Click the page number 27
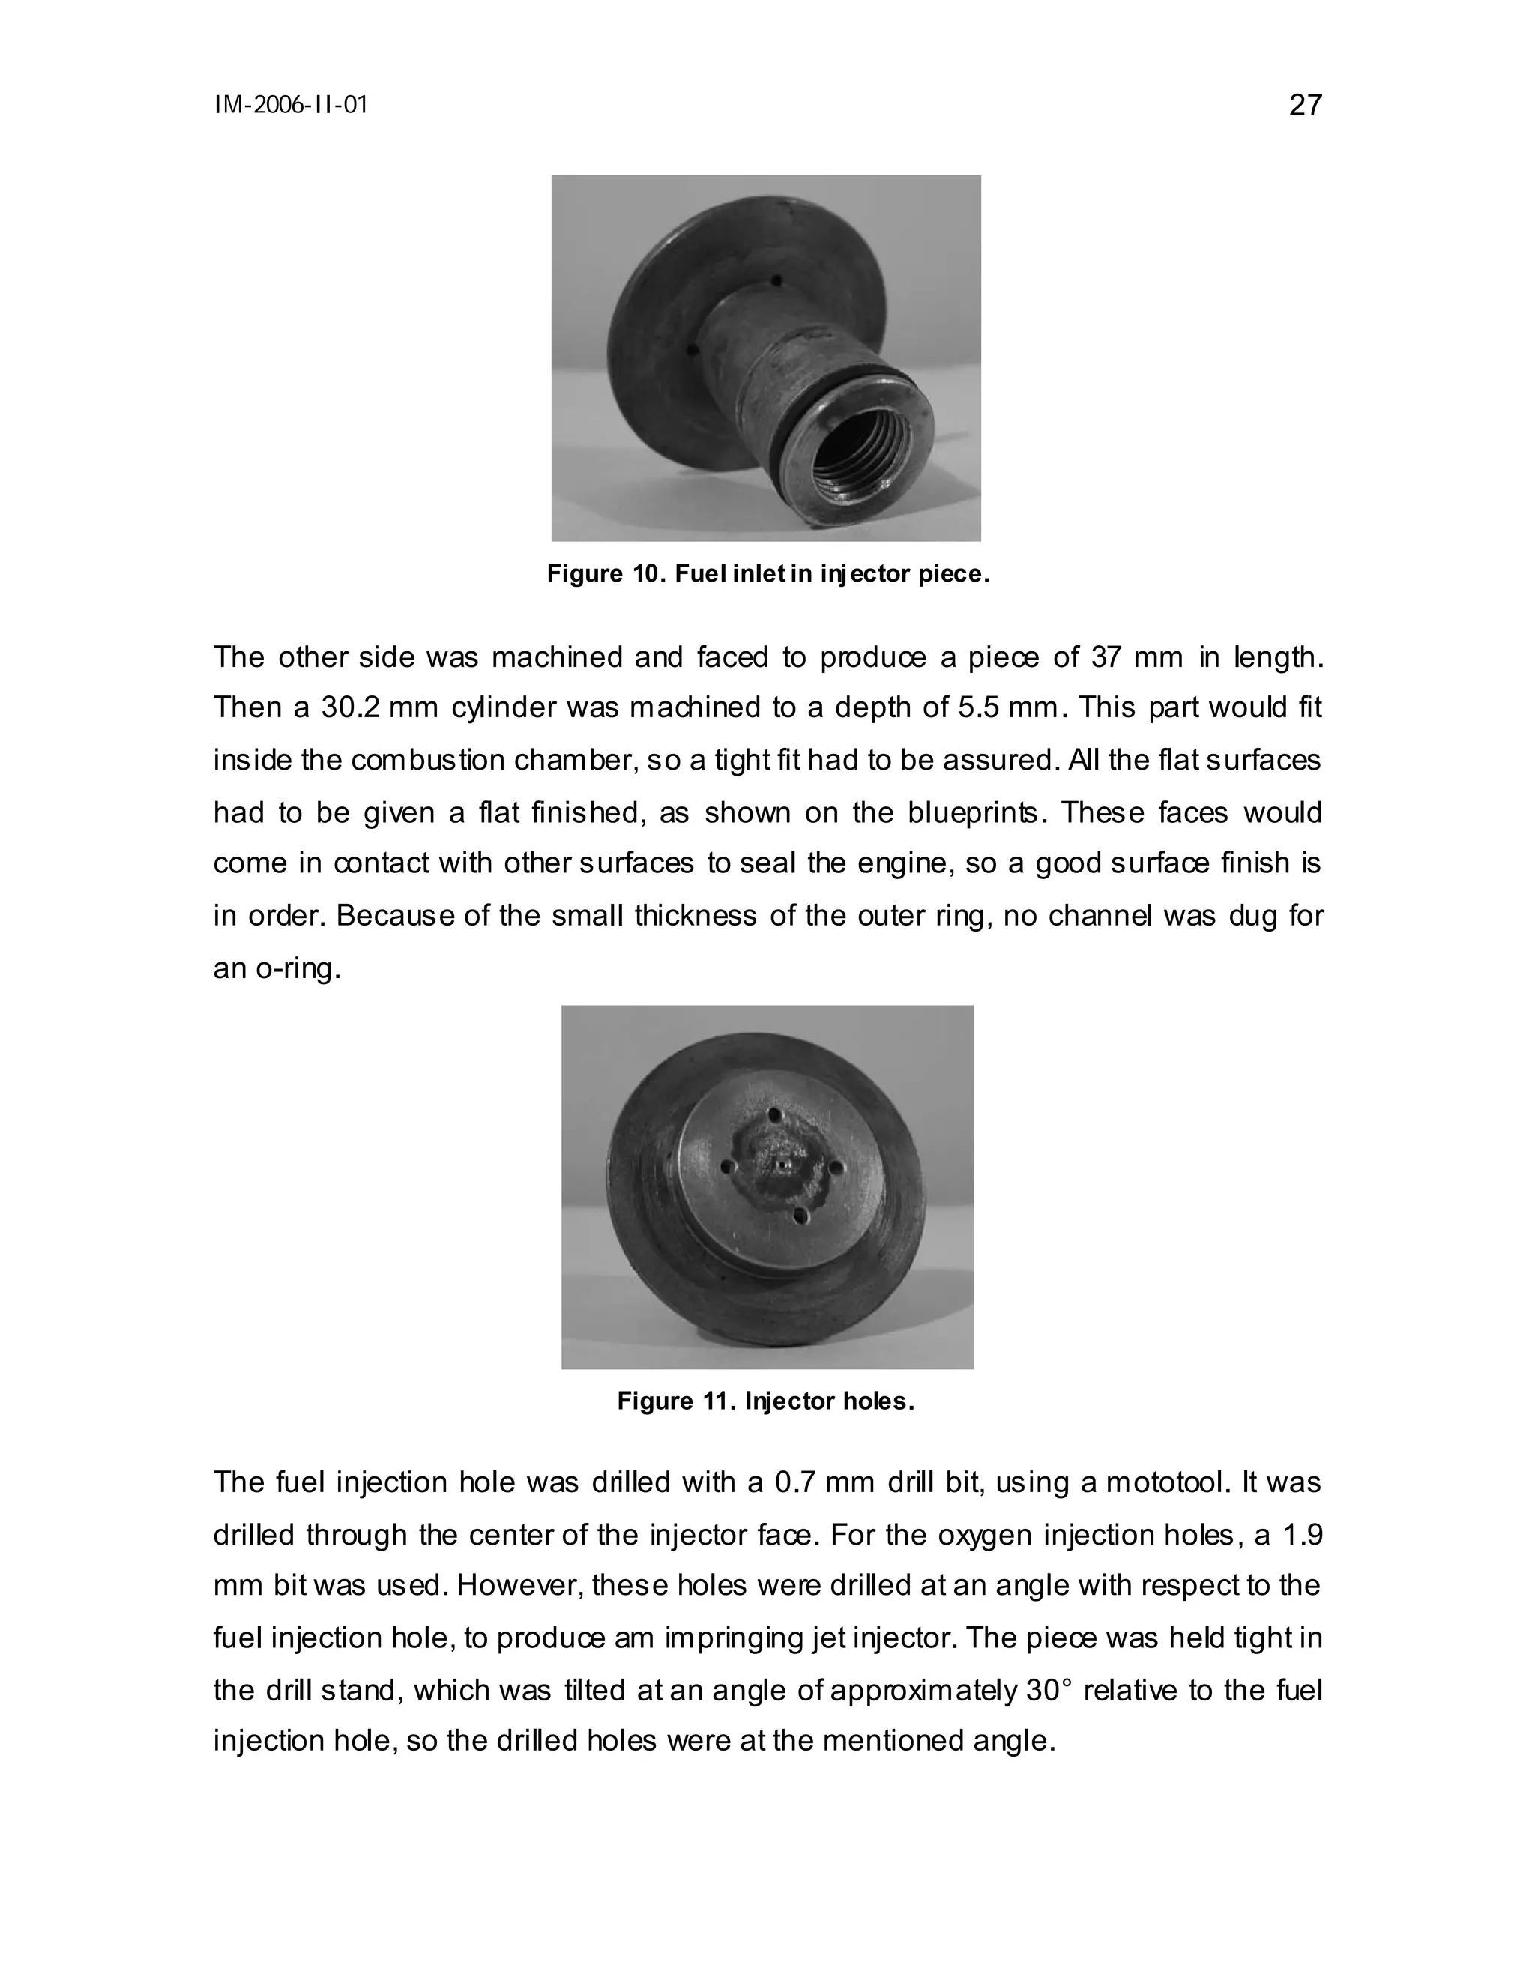pos(1305,106)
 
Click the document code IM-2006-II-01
pos(291,106)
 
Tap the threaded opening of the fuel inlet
pos(860,460)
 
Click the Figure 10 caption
pos(767,574)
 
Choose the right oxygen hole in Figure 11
pos(836,1167)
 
